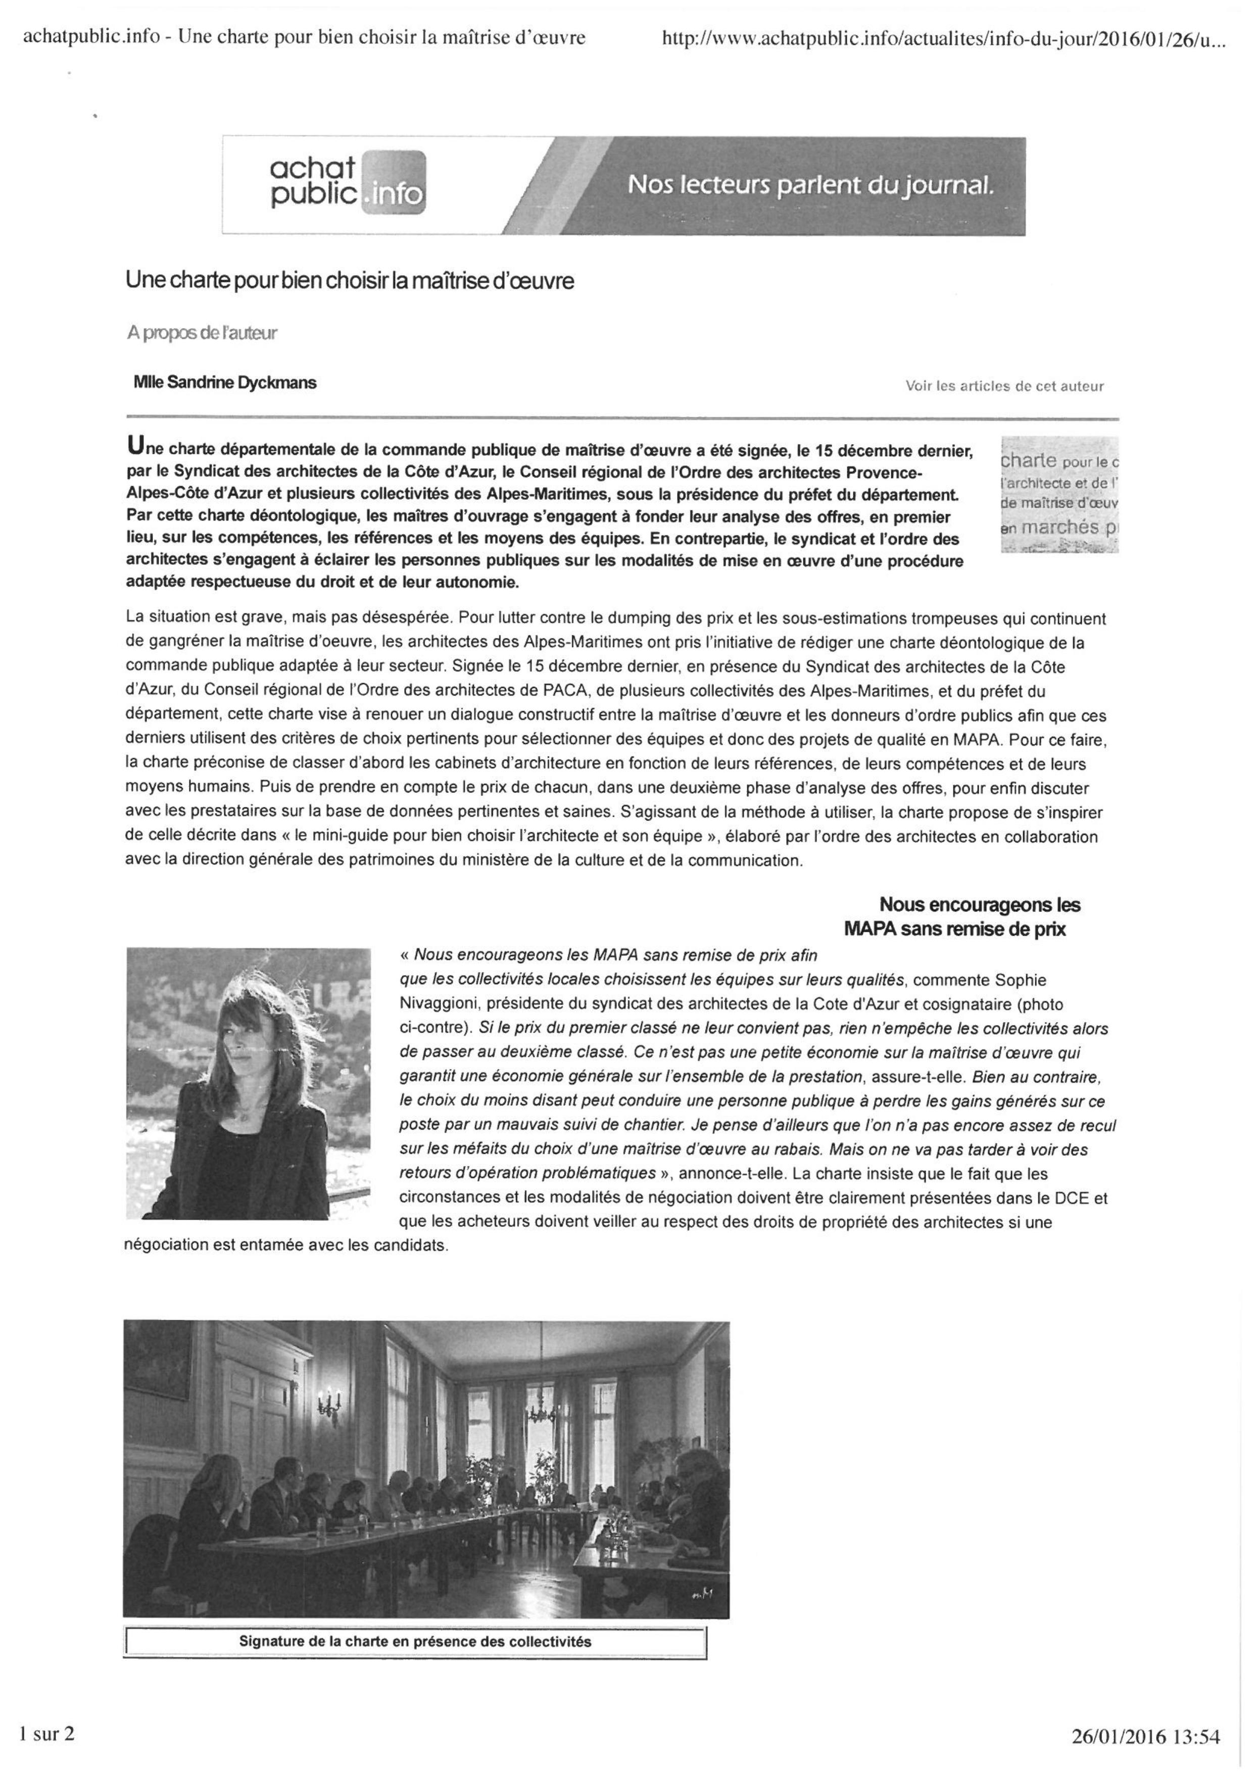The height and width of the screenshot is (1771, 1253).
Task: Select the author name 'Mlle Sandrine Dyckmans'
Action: point(225,382)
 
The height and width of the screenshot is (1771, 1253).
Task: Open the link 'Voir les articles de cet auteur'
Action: point(1004,386)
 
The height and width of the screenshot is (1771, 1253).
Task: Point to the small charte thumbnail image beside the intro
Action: point(1058,494)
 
